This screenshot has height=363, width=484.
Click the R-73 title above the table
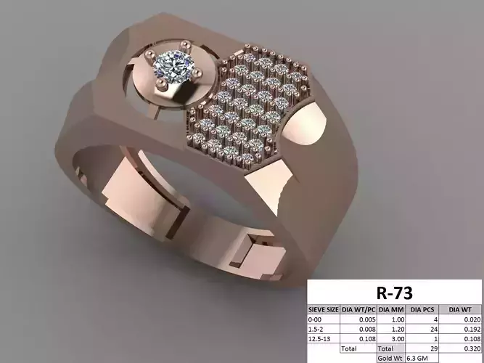coord(395,293)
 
